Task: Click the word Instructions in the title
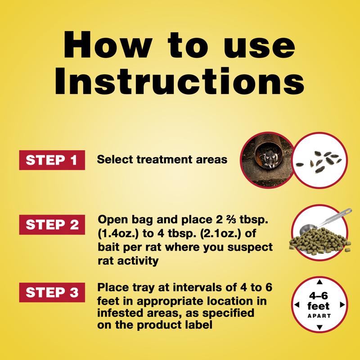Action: pos(179,81)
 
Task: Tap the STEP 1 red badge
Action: pos(52,160)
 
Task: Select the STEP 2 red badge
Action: pos(52,225)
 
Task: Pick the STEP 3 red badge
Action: pos(52,292)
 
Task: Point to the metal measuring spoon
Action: pos(325,221)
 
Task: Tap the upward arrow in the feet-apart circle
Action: pos(319,282)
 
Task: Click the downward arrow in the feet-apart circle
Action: pos(319,327)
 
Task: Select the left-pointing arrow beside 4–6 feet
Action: pos(297,305)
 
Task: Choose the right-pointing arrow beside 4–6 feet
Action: pos(342,305)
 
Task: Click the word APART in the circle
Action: pos(319,316)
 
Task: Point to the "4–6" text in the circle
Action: pos(319,296)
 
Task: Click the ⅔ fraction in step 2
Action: pos(231,220)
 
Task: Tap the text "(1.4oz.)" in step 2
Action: pos(118,234)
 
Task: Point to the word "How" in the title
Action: pos(108,45)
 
